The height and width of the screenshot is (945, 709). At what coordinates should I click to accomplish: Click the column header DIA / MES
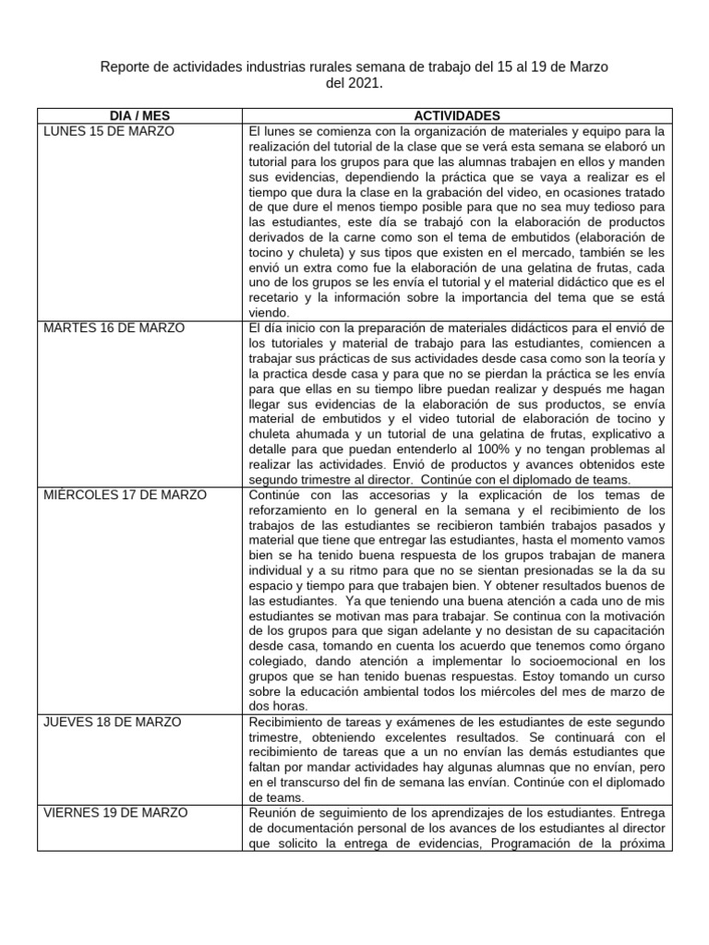point(139,115)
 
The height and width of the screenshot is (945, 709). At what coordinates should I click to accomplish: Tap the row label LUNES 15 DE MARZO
point(109,131)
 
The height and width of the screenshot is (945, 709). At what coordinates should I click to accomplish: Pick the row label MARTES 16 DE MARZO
point(114,328)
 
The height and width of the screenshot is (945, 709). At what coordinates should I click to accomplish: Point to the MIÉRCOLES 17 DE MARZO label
point(126,495)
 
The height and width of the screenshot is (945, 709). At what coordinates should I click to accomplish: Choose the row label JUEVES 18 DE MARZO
point(112,721)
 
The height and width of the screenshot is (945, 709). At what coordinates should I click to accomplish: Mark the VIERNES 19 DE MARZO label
point(115,812)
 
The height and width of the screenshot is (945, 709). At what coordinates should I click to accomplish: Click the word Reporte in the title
point(124,68)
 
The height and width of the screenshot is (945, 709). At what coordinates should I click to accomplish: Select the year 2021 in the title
point(361,84)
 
